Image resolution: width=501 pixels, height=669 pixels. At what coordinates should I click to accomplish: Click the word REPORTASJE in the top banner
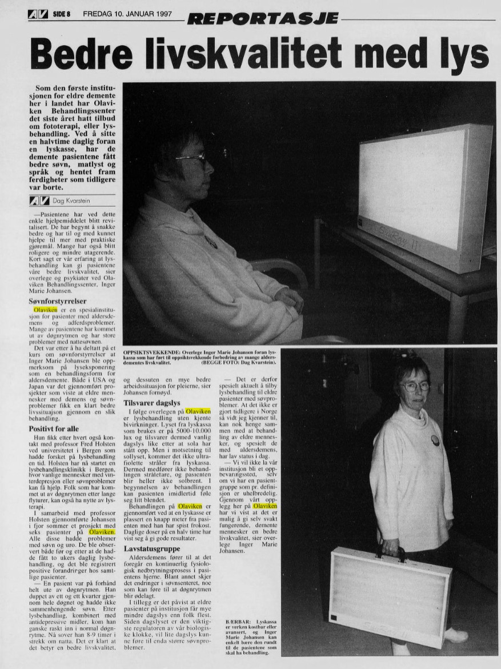coord(262,19)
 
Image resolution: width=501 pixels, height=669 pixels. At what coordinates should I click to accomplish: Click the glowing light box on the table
coord(422,183)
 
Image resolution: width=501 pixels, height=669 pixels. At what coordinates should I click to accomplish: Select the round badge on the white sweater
coord(435,440)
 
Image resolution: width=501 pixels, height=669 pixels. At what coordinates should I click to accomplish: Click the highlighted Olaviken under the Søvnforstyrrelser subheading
coord(46,309)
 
